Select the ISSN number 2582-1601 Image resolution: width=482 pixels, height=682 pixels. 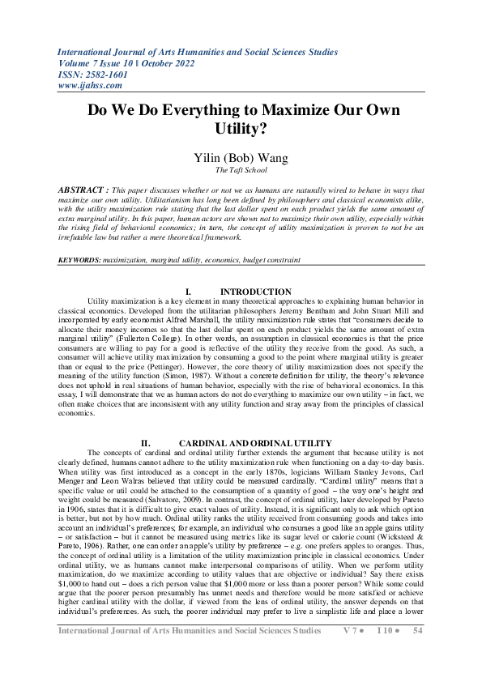click(x=100, y=73)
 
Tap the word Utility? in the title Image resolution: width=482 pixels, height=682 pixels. click(x=241, y=128)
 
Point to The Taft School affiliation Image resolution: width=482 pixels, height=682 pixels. click(x=241, y=170)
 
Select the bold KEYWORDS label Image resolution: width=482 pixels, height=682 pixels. click(x=79, y=259)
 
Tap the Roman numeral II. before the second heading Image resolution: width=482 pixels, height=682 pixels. click(x=147, y=442)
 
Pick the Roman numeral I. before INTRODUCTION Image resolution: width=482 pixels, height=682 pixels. click(x=189, y=292)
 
